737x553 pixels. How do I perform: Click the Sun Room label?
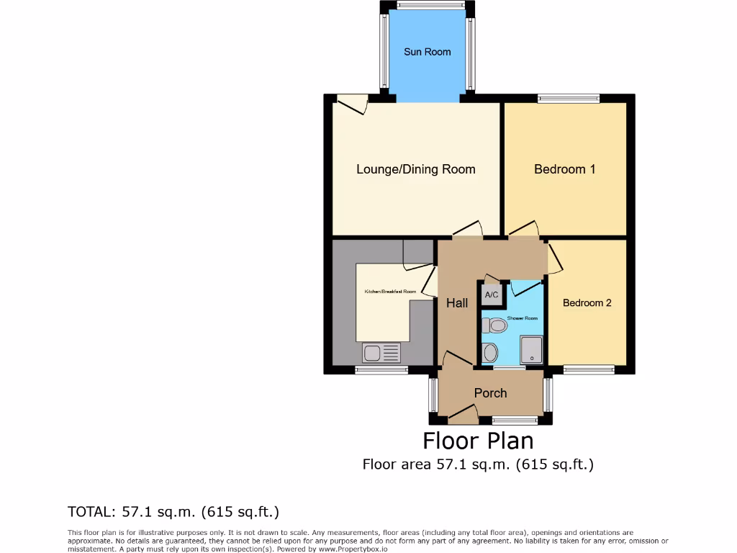point(427,52)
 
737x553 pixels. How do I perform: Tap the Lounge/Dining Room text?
point(416,169)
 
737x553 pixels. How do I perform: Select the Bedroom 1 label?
point(564,169)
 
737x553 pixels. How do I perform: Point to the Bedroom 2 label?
point(587,302)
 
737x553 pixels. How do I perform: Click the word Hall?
point(457,304)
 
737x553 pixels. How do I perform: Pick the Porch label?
point(490,393)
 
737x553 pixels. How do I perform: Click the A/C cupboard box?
point(492,295)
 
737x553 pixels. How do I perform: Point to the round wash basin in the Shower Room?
point(490,353)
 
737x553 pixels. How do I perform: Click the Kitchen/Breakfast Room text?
point(390,292)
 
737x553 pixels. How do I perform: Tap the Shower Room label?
point(523,318)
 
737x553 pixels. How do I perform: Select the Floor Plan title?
point(477,440)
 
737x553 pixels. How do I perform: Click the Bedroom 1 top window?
point(569,99)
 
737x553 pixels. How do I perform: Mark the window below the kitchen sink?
point(381,370)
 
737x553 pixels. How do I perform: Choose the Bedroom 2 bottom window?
point(589,370)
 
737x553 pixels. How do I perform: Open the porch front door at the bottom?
point(463,414)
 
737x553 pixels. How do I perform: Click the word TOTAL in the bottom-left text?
point(89,513)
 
